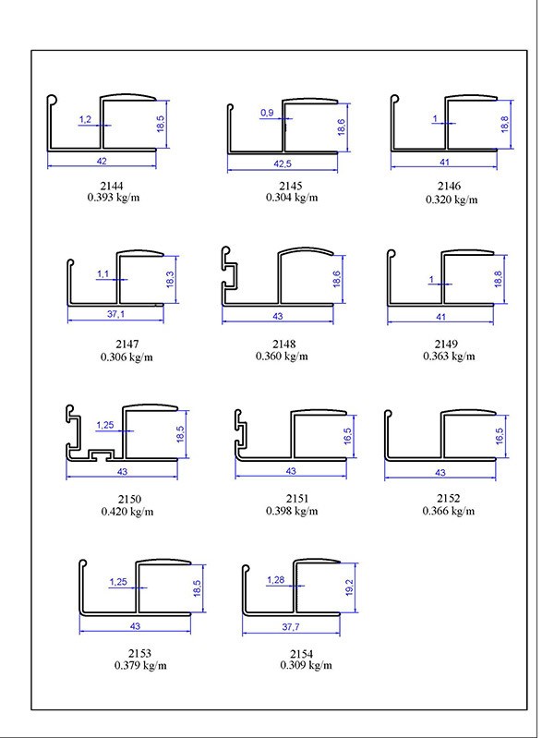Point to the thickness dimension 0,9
pos(268,113)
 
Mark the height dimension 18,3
pos(170,280)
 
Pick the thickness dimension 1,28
pos(275,579)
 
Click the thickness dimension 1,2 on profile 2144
pos(85,119)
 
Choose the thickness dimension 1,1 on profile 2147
pos(102,274)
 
